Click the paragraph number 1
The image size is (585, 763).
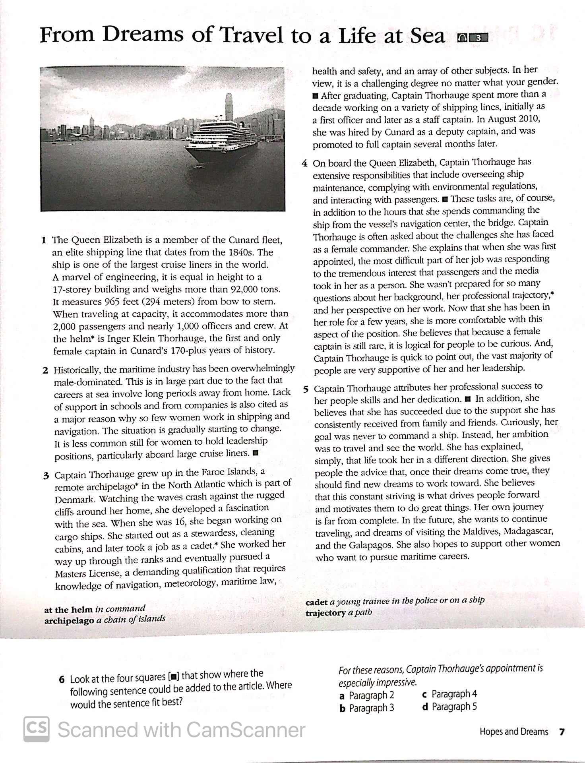[44, 240]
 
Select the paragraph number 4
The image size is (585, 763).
[304, 163]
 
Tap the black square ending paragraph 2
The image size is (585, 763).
[256, 453]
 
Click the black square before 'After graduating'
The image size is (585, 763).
[315, 96]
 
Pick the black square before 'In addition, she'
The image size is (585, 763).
[467, 399]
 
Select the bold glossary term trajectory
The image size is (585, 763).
[325, 613]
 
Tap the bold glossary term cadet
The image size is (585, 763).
[316, 602]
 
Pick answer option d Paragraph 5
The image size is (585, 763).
[449, 707]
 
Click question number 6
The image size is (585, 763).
[62, 680]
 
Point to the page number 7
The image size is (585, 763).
[562, 732]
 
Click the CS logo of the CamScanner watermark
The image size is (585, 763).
[37, 729]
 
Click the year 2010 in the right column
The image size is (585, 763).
[527, 119]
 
